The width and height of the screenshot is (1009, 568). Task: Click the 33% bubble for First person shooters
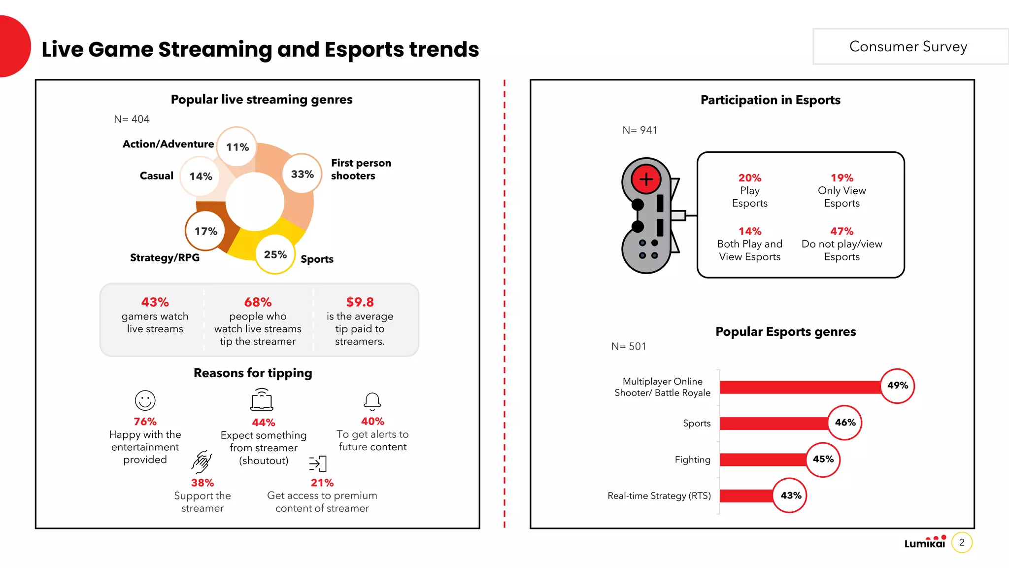click(x=302, y=174)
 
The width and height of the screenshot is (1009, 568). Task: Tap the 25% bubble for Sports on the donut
click(x=275, y=254)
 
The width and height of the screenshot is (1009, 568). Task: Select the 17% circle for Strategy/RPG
click(x=205, y=231)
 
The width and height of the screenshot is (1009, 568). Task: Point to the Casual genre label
click(x=156, y=176)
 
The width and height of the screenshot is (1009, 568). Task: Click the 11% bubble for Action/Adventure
click(x=237, y=147)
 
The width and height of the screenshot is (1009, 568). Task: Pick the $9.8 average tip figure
click(x=360, y=302)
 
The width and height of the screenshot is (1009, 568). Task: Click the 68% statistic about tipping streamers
click(x=258, y=302)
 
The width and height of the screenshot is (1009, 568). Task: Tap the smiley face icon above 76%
click(x=145, y=400)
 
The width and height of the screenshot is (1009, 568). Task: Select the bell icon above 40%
click(x=372, y=401)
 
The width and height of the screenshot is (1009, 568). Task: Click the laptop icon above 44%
click(x=262, y=400)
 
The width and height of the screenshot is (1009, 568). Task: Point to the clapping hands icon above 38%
click(x=202, y=462)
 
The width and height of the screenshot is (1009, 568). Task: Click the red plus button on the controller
click(x=646, y=179)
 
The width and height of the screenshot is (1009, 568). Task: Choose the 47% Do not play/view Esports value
click(x=841, y=231)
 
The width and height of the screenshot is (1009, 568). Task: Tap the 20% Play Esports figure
click(x=749, y=178)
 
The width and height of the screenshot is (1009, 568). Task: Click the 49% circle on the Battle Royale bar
click(x=897, y=386)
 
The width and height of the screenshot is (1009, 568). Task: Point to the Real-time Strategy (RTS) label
click(x=659, y=496)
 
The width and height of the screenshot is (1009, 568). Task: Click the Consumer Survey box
click(x=908, y=46)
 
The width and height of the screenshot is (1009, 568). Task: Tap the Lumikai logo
click(x=925, y=542)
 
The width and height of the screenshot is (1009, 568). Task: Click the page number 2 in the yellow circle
click(x=962, y=542)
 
